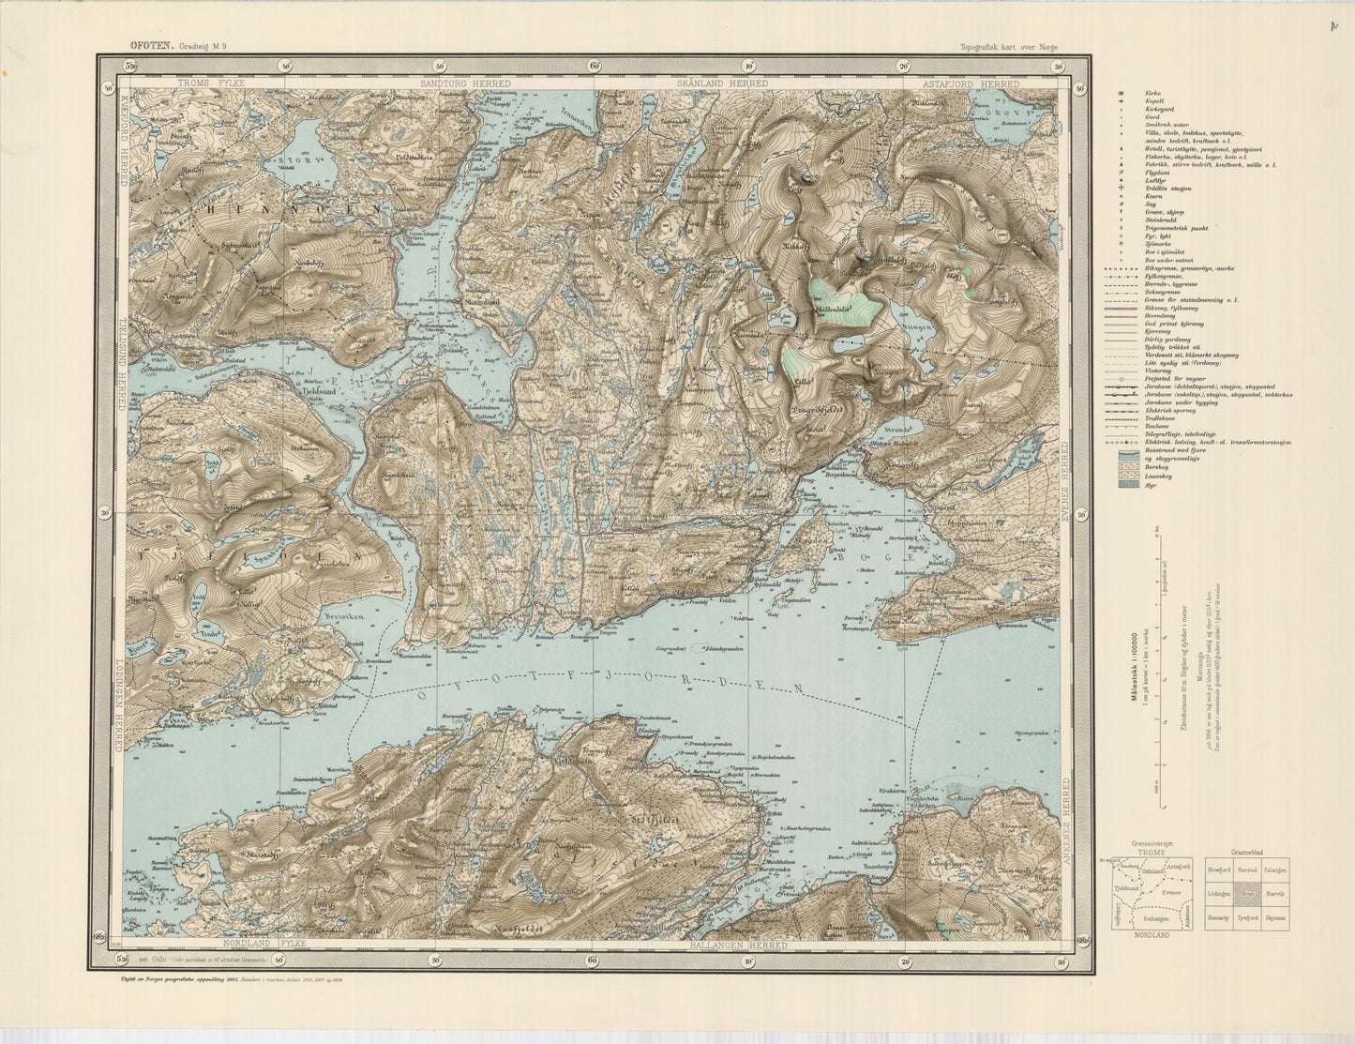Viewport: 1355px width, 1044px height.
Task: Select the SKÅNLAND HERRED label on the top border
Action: point(723,83)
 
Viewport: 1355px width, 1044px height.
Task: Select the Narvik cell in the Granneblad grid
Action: point(1274,895)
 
